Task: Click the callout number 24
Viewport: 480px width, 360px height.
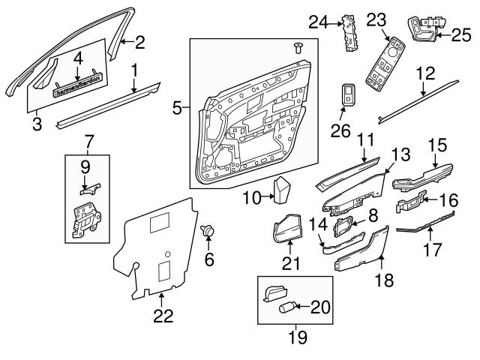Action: coord(319,23)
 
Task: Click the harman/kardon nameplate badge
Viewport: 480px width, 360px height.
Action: coord(79,89)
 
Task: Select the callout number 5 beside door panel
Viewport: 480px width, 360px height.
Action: coord(177,109)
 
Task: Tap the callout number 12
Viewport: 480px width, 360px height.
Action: coord(426,73)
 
